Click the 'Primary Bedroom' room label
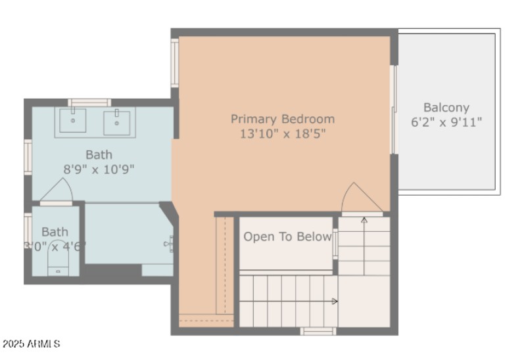[282, 119]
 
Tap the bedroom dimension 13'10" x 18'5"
[282, 133]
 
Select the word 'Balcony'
[446, 107]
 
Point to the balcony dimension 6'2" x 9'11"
[446, 122]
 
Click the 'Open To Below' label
[287, 236]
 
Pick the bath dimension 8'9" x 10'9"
[99, 169]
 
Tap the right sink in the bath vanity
[117, 121]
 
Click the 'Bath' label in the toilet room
[55, 231]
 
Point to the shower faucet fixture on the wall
[169, 244]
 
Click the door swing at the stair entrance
[360, 198]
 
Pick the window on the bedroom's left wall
[175, 62]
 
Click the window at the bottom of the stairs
[318, 330]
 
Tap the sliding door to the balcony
[394, 109]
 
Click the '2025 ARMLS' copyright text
[32, 344]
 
